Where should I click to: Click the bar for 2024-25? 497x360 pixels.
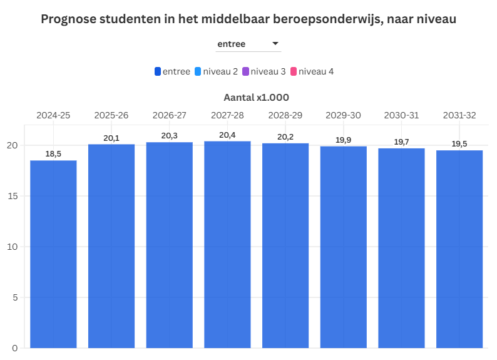[x=53, y=254]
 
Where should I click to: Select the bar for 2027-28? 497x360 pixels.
[x=227, y=244]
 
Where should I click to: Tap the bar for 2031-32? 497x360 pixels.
[x=459, y=249]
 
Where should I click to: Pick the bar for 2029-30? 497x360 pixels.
[x=343, y=247]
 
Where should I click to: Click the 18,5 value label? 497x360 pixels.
[x=53, y=153]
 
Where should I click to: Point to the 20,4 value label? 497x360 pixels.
[x=227, y=135]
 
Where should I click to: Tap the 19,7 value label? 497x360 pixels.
[x=401, y=142]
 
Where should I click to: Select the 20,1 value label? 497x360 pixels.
[x=111, y=138]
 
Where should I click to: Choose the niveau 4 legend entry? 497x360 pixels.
[x=316, y=72]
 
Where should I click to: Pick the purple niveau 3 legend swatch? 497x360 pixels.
[x=245, y=72]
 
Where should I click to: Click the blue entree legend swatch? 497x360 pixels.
[x=158, y=72]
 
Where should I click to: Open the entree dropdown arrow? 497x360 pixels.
[x=275, y=44]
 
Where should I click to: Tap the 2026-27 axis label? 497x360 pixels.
[x=169, y=115]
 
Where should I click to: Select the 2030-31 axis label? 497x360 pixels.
[x=401, y=115]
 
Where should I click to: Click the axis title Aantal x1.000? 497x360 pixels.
[x=256, y=98]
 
